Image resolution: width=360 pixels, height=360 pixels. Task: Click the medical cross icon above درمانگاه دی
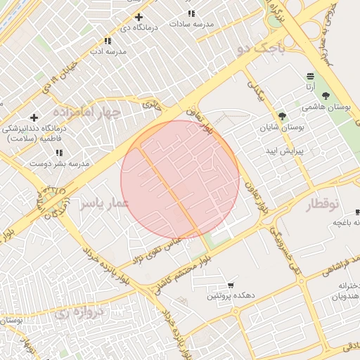(139, 17)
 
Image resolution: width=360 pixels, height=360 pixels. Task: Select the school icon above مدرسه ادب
(108, 41)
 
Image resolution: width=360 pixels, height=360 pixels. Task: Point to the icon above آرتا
(310, 76)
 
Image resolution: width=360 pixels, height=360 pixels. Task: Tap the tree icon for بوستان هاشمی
(325, 96)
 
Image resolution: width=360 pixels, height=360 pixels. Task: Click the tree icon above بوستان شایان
(282, 116)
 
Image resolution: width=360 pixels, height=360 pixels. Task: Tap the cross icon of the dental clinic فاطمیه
(34, 117)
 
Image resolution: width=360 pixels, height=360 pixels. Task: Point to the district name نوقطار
(323, 204)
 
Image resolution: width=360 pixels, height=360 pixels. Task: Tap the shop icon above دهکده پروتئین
(231, 285)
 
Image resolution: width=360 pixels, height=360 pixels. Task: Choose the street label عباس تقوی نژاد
(163, 247)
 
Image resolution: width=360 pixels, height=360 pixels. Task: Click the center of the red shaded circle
(180, 180)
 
